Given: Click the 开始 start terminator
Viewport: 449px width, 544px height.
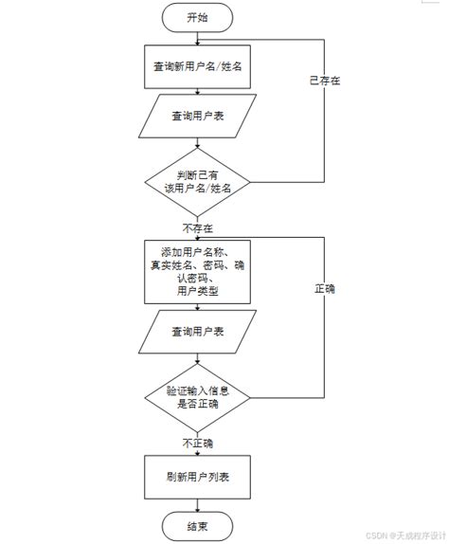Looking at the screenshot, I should tap(197, 17).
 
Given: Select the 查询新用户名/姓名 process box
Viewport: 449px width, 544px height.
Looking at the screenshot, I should tap(197, 67).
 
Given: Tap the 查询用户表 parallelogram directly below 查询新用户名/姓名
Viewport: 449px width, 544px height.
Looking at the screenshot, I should tap(197, 117).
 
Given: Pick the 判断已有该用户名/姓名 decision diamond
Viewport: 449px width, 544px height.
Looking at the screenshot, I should tap(197, 181).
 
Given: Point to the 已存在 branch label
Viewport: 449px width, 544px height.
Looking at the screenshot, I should tap(325, 81).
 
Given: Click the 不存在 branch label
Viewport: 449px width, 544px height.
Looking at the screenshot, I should tap(197, 228).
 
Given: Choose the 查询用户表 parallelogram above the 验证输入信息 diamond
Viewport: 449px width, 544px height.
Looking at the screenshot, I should tap(197, 332).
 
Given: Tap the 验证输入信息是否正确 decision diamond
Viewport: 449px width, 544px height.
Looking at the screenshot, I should tap(197, 396).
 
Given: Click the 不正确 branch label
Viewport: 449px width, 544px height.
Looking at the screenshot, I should tap(197, 443).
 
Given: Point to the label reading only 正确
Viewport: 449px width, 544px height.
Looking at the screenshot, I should tap(325, 288).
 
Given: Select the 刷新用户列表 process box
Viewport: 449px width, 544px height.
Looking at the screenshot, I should tap(197, 476).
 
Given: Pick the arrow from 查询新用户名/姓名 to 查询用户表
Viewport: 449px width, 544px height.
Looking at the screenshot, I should tap(197, 92).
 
